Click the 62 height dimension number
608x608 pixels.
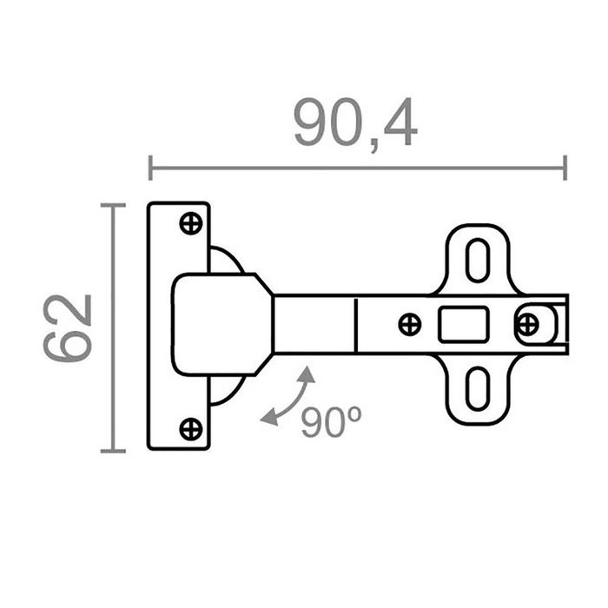69,327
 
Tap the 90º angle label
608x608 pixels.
331,422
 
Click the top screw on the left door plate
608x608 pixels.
190,223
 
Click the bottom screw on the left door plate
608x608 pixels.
190,428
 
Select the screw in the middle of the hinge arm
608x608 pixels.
409,325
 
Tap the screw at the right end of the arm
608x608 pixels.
526,325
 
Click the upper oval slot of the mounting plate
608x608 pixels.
477,258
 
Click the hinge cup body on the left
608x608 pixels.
213,325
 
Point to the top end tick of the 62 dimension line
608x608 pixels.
113,206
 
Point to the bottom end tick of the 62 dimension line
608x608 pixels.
113,451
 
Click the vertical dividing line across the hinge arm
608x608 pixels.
356,324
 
